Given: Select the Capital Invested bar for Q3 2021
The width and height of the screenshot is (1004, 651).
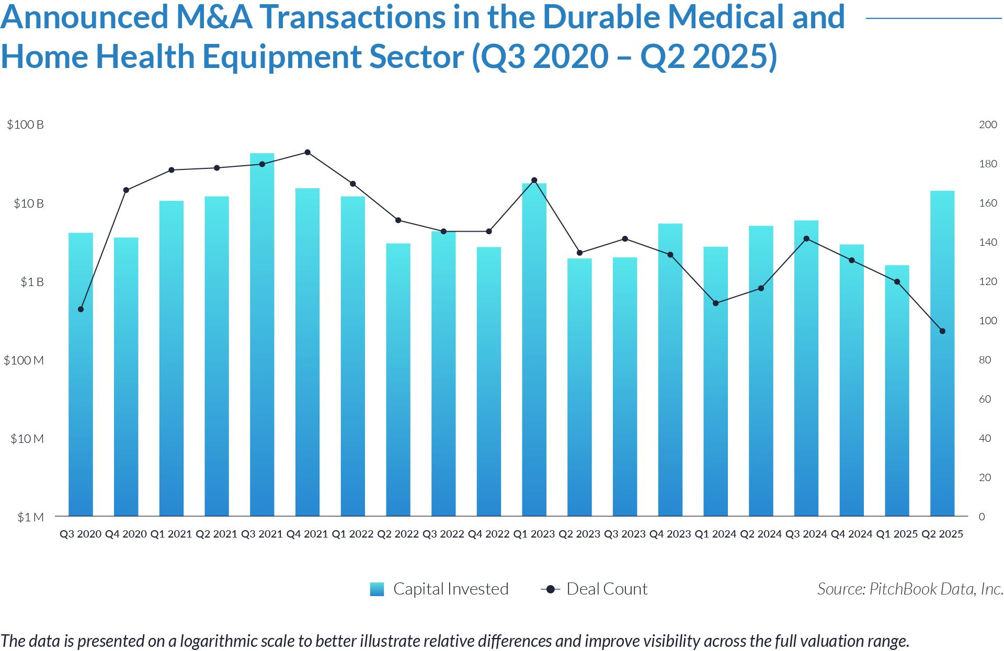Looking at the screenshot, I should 262,335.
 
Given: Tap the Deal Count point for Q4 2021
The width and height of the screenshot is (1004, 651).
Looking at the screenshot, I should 307,153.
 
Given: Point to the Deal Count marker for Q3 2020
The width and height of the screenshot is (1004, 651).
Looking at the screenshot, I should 81,310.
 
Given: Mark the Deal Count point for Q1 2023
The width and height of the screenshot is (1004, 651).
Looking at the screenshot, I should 534,180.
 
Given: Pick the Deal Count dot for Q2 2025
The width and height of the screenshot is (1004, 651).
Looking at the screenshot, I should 942,332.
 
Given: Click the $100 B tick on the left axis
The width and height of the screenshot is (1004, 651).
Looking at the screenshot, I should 25,124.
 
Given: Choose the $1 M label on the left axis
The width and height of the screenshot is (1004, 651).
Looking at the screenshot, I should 30,517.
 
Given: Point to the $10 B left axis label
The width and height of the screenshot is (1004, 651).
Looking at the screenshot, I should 28,203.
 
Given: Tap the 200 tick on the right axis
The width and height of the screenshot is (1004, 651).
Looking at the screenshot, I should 988,124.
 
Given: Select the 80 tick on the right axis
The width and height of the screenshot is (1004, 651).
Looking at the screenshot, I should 985,360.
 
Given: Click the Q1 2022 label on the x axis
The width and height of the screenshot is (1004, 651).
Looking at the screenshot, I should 352,534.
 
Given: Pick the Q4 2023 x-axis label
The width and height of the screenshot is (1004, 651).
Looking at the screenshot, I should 670,534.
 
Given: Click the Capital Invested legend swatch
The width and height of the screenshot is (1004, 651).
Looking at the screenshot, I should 377,589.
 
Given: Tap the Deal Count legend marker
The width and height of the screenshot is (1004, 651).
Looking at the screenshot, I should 550,589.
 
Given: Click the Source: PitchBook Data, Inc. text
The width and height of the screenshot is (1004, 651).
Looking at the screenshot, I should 910,589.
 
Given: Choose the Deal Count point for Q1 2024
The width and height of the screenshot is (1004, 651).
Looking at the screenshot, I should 715,303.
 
